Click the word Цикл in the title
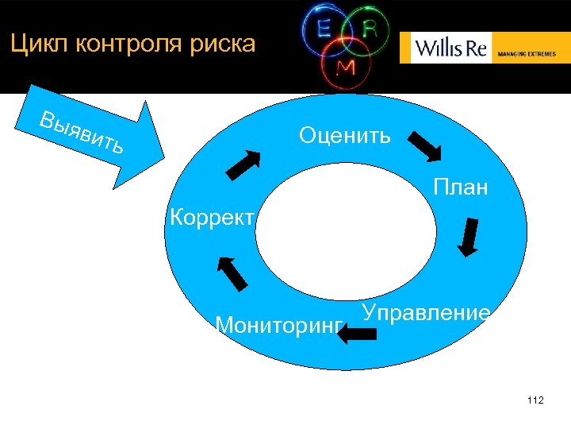click(35, 44)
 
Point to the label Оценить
click(344, 135)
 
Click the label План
click(460, 188)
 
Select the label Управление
click(426, 312)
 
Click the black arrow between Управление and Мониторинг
click(358, 334)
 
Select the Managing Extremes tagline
click(527, 54)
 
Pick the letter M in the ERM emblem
click(347, 68)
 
